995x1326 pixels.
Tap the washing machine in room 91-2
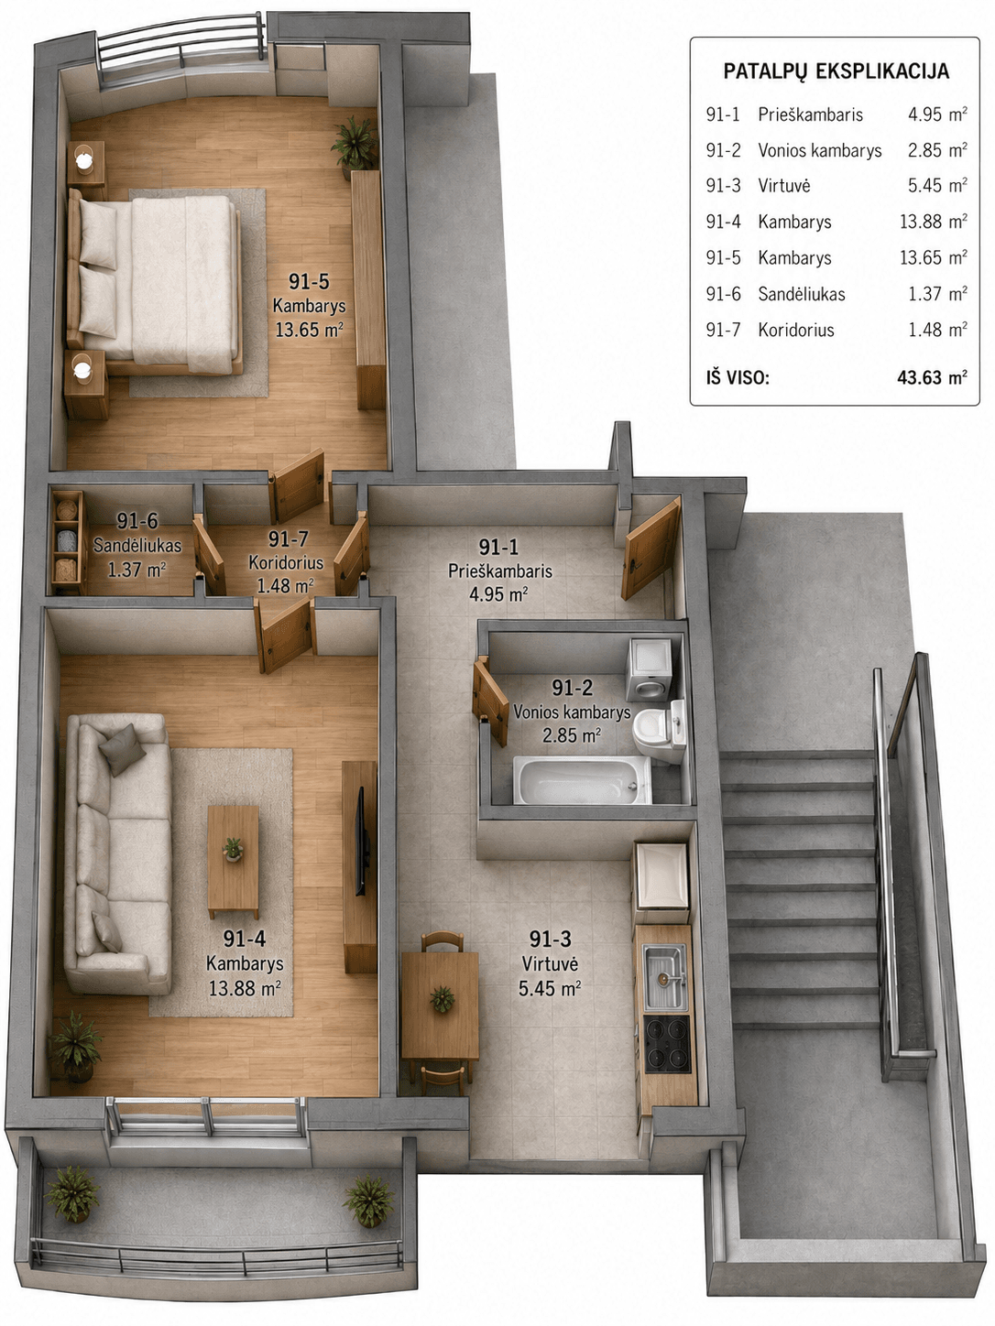[x=650, y=668]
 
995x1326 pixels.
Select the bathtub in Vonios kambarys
[x=582, y=780]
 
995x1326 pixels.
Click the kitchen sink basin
[x=664, y=977]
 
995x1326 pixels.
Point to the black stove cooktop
[x=667, y=1045]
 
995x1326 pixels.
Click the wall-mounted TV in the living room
[x=362, y=841]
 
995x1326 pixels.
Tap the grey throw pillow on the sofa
[x=122, y=749]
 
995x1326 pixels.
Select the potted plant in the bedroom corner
[x=355, y=145]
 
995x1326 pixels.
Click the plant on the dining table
[x=443, y=998]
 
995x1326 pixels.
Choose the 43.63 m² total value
[x=932, y=377]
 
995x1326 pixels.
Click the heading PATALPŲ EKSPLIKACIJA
[x=836, y=71]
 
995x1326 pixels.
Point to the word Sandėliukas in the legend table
[x=802, y=294]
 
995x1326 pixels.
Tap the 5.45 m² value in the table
[x=937, y=186]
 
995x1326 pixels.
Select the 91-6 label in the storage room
[x=137, y=520]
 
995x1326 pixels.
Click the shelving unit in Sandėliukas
[x=68, y=541]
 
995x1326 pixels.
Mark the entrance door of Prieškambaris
[x=651, y=548]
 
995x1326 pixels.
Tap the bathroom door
[x=490, y=701]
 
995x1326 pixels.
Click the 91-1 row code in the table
[x=723, y=114]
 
